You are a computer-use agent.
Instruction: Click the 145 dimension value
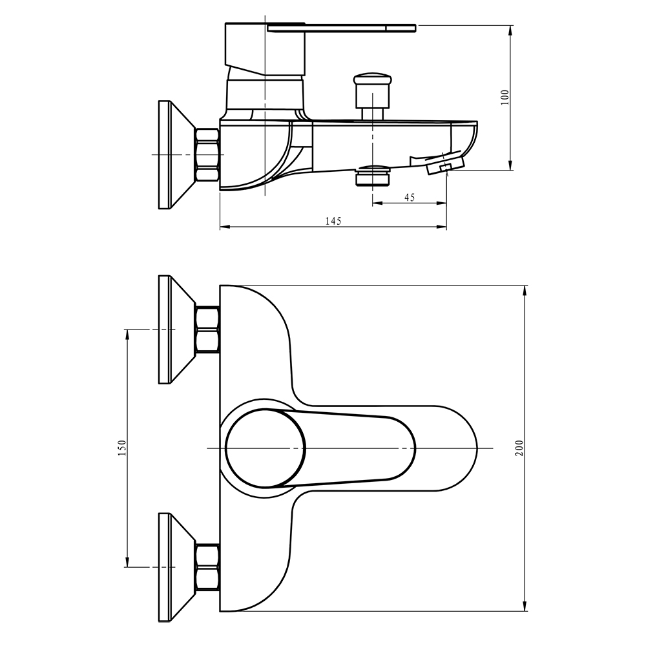point(333,221)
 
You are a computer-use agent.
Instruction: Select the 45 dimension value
point(409,198)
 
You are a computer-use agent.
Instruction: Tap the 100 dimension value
point(505,97)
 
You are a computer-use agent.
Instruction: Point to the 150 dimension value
point(122,448)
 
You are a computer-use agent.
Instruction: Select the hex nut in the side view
point(208,155)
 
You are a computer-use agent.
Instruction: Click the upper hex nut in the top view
point(207,329)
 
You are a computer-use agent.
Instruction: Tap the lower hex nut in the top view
point(207,567)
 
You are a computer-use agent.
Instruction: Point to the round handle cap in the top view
point(266,448)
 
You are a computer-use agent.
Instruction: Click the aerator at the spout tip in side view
point(446,165)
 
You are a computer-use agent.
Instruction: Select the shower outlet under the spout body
point(373,176)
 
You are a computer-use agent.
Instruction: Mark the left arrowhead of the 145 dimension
point(224,227)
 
